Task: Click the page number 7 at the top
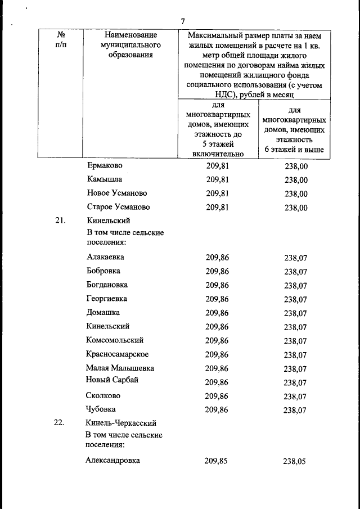coord(183,21)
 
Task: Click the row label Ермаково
coord(105,166)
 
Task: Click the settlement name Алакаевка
coord(105,257)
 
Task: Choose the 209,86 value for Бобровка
coord(217,271)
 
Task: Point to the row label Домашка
coord(103,313)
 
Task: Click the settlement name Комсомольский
coord(115,340)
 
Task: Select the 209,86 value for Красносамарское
coord(217,354)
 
